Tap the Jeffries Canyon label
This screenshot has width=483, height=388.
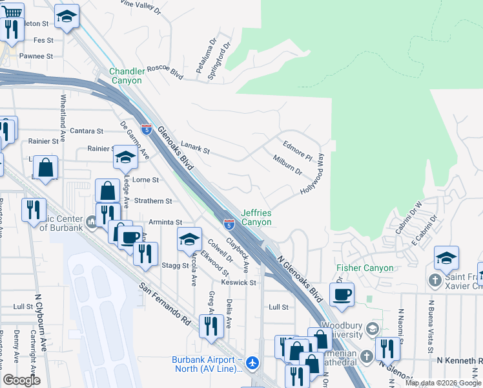[x=256, y=217]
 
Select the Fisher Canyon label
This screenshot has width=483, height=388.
[x=365, y=268]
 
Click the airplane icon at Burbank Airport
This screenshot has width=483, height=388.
[x=252, y=363]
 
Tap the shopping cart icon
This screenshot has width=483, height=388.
[x=12, y=12]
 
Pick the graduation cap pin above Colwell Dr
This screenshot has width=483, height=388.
[x=189, y=240]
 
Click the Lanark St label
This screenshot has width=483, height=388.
[x=196, y=150]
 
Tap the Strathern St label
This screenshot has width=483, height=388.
[x=153, y=201]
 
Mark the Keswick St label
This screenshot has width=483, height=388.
[x=240, y=283]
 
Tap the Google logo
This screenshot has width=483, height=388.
[x=21, y=380]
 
